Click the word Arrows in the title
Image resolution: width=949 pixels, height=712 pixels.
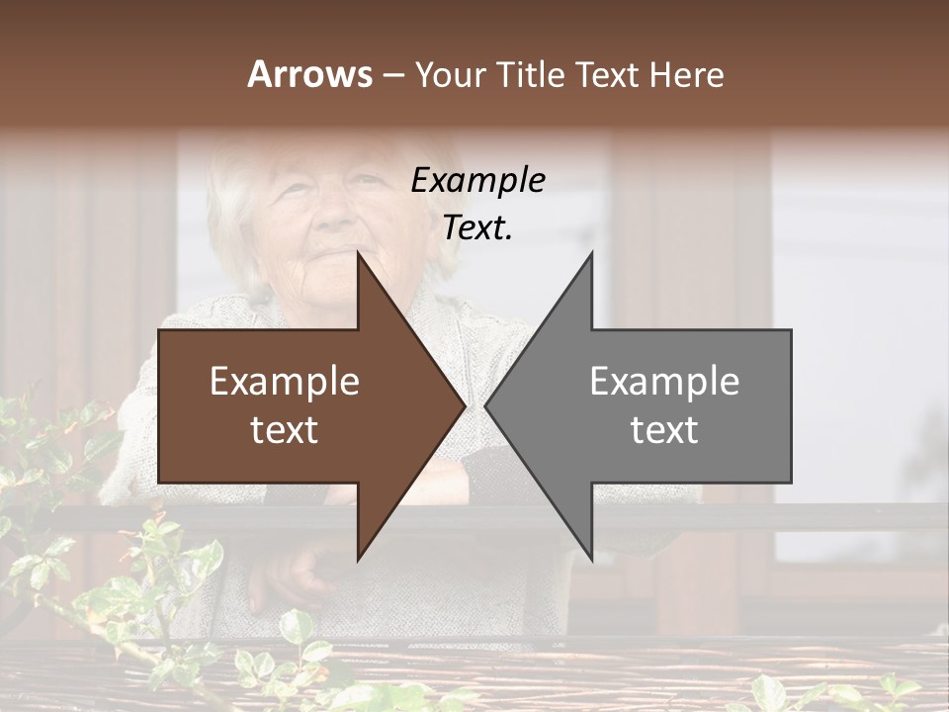coord(310,74)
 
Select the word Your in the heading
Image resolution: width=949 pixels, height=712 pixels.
coord(449,74)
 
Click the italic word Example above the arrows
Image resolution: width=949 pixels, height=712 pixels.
coord(478,180)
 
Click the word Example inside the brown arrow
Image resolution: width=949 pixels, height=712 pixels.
coord(285,381)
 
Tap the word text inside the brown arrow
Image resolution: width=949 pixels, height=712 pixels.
coord(285,429)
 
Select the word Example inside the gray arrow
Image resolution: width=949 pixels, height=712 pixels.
coord(664,381)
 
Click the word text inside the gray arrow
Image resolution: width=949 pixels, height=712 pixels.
coord(664,429)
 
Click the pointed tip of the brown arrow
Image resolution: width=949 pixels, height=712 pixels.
coord(464,405)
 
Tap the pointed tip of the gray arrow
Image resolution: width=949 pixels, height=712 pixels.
coord(486,405)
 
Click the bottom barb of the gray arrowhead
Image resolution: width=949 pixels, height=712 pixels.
coord(592,557)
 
